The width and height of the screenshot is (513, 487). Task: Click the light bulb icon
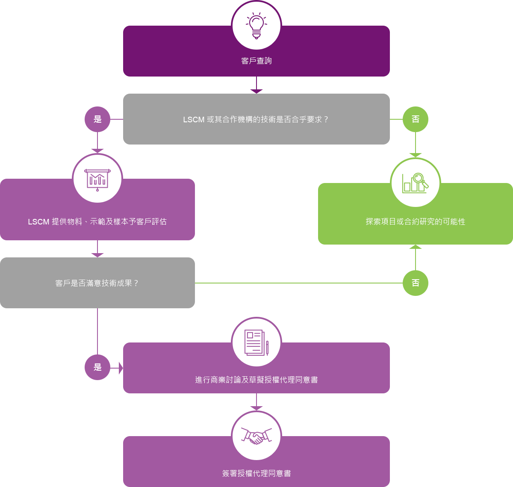[256, 25]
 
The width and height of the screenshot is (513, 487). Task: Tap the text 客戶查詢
[256, 61]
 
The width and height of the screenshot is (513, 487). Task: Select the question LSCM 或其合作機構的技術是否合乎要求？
[256, 120]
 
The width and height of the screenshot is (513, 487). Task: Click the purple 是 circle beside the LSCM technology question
[97, 119]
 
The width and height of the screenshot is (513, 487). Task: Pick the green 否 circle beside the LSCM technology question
[416, 119]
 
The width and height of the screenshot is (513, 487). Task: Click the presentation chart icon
[97, 179]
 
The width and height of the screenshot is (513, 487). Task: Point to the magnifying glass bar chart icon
[416, 183]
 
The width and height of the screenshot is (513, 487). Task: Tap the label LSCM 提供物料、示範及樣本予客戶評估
[97, 222]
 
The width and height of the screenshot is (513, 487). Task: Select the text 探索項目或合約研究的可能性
[416, 222]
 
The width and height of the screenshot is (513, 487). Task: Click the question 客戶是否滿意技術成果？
[97, 283]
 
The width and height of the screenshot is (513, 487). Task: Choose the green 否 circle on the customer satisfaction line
[416, 283]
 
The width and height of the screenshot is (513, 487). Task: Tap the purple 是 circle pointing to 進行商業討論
[97, 367]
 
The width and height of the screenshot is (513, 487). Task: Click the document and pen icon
[256, 342]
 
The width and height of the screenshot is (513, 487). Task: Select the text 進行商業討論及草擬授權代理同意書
[256, 380]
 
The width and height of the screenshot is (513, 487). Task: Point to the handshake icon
[256, 436]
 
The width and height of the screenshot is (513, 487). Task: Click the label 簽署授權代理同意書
[256, 474]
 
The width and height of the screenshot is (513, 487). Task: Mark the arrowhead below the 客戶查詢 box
[256, 91]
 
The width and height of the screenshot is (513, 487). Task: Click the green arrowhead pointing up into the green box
[416, 247]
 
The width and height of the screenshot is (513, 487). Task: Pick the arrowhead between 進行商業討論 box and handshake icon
[256, 408]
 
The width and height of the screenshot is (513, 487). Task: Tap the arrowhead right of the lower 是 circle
[121, 368]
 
